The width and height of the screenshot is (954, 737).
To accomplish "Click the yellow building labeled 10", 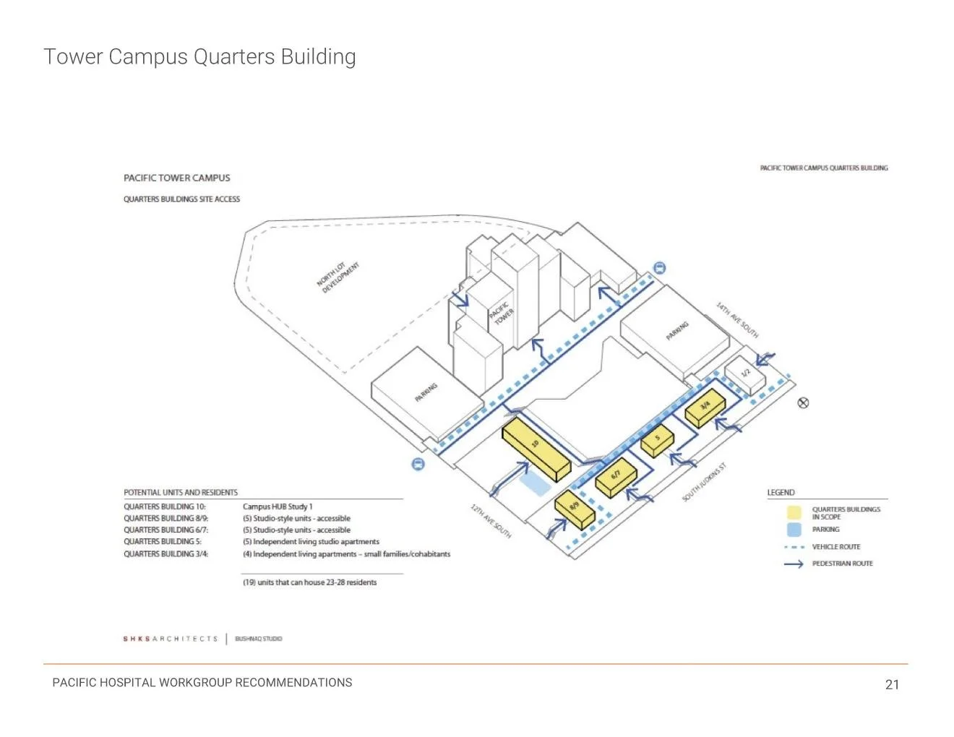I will click(x=536, y=448).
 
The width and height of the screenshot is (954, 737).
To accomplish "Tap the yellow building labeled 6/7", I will click(x=616, y=478).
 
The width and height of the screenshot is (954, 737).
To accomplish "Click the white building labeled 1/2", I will click(x=745, y=375).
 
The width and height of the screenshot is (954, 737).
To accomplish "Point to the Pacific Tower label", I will click(x=502, y=314).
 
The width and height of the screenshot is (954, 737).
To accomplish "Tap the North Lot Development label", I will click(x=338, y=277).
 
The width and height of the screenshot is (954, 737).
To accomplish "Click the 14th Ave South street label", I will click(x=737, y=320).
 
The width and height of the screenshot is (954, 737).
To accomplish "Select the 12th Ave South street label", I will click(x=491, y=521).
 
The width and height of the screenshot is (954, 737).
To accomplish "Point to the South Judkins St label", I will click(x=705, y=483).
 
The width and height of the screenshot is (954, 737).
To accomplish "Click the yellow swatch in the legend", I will click(x=794, y=513).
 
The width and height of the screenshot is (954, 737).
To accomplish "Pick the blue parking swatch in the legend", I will click(x=794, y=530).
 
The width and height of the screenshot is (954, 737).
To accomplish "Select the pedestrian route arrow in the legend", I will click(x=794, y=564).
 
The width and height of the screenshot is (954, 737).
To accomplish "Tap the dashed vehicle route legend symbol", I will click(x=794, y=547).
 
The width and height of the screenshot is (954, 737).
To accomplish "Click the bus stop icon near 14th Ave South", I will click(x=659, y=268).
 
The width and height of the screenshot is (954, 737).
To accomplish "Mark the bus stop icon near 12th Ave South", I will click(x=418, y=465).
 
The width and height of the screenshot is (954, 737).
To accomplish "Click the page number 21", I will click(x=892, y=684).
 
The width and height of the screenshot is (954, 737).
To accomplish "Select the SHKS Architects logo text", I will click(x=170, y=639).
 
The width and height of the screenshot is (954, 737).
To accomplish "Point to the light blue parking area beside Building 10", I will click(x=536, y=484).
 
